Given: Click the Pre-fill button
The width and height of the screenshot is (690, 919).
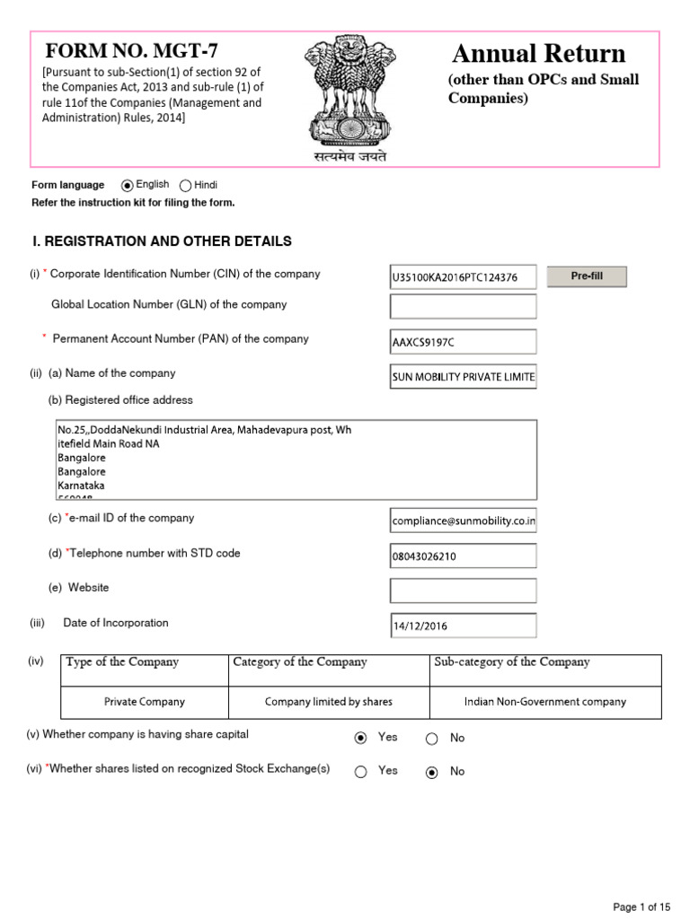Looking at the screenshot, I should click(587, 276).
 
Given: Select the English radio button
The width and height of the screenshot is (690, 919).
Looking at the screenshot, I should click(128, 186).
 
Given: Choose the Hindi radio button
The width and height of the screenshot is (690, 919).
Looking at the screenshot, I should click(186, 186).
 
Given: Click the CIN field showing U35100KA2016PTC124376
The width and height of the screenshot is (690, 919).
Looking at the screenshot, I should click(463, 277).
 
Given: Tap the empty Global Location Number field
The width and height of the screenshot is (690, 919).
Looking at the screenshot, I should click(463, 306).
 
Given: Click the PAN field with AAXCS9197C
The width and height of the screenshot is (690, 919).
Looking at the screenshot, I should click(463, 342).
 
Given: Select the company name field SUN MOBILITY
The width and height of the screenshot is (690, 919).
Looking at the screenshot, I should click(463, 377).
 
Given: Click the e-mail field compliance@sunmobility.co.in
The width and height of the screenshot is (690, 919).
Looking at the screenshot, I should click(463, 521).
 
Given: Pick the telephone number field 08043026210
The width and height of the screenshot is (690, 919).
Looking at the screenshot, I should click(463, 556).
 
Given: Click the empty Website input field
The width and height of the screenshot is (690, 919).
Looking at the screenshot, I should click(463, 590).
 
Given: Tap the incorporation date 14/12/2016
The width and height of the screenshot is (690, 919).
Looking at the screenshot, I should click(463, 626).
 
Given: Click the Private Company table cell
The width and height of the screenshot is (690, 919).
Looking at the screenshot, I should click(145, 702).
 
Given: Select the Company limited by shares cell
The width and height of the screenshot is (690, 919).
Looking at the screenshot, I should click(329, 702).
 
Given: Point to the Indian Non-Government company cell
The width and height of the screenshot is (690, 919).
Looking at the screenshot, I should click(545, 702).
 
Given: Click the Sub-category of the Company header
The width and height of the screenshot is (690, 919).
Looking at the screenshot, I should click(512, 662).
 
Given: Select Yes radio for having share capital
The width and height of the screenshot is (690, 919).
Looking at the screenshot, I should click(361, 738).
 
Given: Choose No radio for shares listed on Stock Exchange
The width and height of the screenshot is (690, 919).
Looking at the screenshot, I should click(431, 772).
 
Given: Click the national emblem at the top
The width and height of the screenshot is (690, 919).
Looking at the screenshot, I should click(344, 90).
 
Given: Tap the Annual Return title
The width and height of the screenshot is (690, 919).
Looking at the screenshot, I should click(539, 53).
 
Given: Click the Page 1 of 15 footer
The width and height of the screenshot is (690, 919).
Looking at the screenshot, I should click(641, 906).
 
